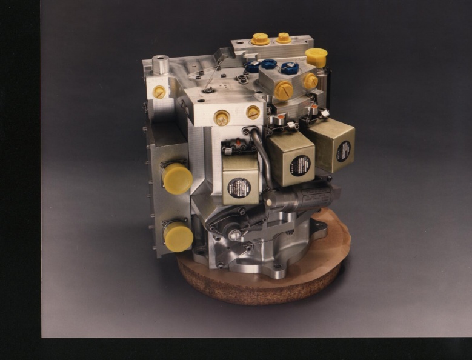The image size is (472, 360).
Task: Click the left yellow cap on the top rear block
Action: [260, 39]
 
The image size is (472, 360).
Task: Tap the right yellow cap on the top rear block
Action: [284, 38]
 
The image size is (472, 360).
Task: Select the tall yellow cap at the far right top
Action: [316, 57]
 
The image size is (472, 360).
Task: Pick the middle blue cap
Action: [268, 64]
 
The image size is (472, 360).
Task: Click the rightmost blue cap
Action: [290, 68]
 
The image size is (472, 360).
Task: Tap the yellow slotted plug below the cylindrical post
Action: [159, 92]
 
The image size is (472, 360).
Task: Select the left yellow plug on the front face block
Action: [222, 118]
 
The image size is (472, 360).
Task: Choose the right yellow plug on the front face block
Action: [253, 112]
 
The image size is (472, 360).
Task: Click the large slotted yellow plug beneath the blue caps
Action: [284, 90]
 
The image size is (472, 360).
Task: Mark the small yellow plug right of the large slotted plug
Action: [310, 81]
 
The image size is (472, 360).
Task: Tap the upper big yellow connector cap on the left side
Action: [177, 178]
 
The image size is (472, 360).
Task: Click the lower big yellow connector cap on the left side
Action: [179, 236]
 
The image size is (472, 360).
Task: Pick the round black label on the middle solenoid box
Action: [300, 164]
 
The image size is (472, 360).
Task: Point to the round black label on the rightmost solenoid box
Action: [344, 150]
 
